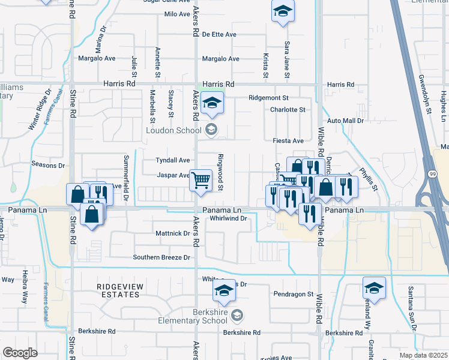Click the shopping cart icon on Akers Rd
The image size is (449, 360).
coord(200,179)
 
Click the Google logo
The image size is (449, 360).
coord(20,352)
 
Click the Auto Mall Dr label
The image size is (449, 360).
coord(345,121)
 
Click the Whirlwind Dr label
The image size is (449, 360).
coord(229,218)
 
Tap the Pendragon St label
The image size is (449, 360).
coord(294,294)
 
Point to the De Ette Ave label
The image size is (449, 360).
coord(219,34)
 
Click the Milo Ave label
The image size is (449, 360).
coord(176,13)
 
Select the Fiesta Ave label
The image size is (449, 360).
coord(288,140)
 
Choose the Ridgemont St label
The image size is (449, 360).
coord(269,97)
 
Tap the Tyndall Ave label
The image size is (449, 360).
coord(173,160)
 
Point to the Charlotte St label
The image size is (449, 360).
coord(288,110)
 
